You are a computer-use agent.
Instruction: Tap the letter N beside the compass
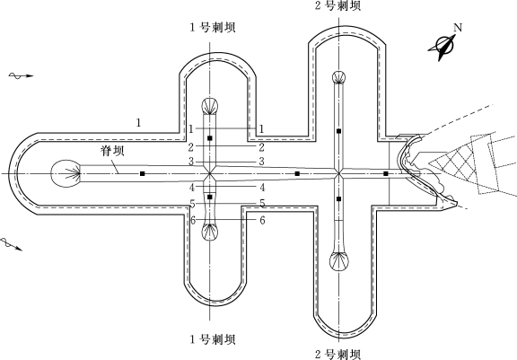pyautogui.click(x=458, y=28)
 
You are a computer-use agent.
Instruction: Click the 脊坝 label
pyautogui.click(x=113, y=151)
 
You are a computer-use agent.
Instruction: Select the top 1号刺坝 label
pyautogui.click(x=213, y=27)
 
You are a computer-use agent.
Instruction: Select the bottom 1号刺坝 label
pyautogui.click(x=213, y=339)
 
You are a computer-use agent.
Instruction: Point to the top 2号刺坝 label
pyautogui.click(x=338, y=5)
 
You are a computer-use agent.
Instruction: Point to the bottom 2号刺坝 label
pyautogui.click(x=338, y=355)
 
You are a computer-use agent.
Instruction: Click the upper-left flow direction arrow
pyautogui.click(x=22, y=75)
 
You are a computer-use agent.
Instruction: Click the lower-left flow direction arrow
pyautogui.click(x=11, y=244)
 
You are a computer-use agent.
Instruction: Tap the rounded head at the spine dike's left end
pyautogui.click(x=66, y=173)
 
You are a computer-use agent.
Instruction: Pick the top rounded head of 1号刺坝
pyautogui.click(x=210, y=107)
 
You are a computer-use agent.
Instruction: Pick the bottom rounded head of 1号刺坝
pyautogui.click(x=210, y=231)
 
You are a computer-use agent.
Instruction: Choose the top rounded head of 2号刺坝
pyautogui.click(x=339, y=77)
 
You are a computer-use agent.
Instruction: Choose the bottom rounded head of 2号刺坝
pyautogui.click(x=339, y=261)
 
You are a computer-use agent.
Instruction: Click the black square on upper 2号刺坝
pyautogui.click(x=338, y=131)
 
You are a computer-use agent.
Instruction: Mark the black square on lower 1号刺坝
pyautogui.click(x=210, y=198)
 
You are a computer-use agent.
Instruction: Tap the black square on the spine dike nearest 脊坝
pyautogui.click(x=143, y=173)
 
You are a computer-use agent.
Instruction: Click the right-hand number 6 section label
pyautogui.click(x=262, y=220)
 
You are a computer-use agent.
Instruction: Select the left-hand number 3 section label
pyautogui.click(x=191, y=162)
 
